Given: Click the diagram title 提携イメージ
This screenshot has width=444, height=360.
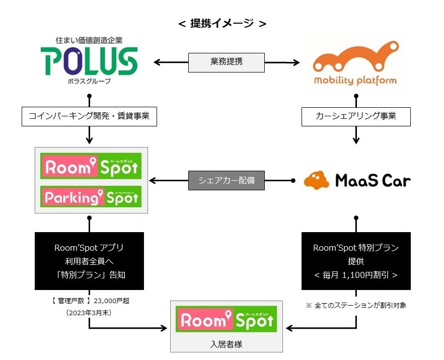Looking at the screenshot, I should click(x=222, y=23).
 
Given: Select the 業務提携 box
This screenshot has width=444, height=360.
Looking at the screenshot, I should click(x=226, y=62).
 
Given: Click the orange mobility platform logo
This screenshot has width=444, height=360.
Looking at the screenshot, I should click(x=355, y=63).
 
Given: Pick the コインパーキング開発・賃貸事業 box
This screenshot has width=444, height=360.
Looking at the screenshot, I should click(x=89, y=116).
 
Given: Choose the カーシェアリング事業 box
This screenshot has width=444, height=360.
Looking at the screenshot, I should click(x=356, y=116).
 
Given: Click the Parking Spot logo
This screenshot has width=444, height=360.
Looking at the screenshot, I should click(x=91, y=197).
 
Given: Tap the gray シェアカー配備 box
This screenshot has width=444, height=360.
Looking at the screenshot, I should click(x=226, y=180).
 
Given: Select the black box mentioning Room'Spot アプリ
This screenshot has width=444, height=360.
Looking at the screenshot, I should click(x=89, y=261).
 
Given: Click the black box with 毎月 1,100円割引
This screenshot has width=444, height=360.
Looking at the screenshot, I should click(x=356, y=261).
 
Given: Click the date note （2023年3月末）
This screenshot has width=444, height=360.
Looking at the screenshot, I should click(x=89, y=312).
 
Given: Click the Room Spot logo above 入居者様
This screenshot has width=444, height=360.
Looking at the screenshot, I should click(x=226, y=320).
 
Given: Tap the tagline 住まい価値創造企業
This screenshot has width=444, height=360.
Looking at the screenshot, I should click(x=89, y=39).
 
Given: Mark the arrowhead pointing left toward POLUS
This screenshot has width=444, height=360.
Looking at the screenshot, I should click(x=157, y=62).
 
